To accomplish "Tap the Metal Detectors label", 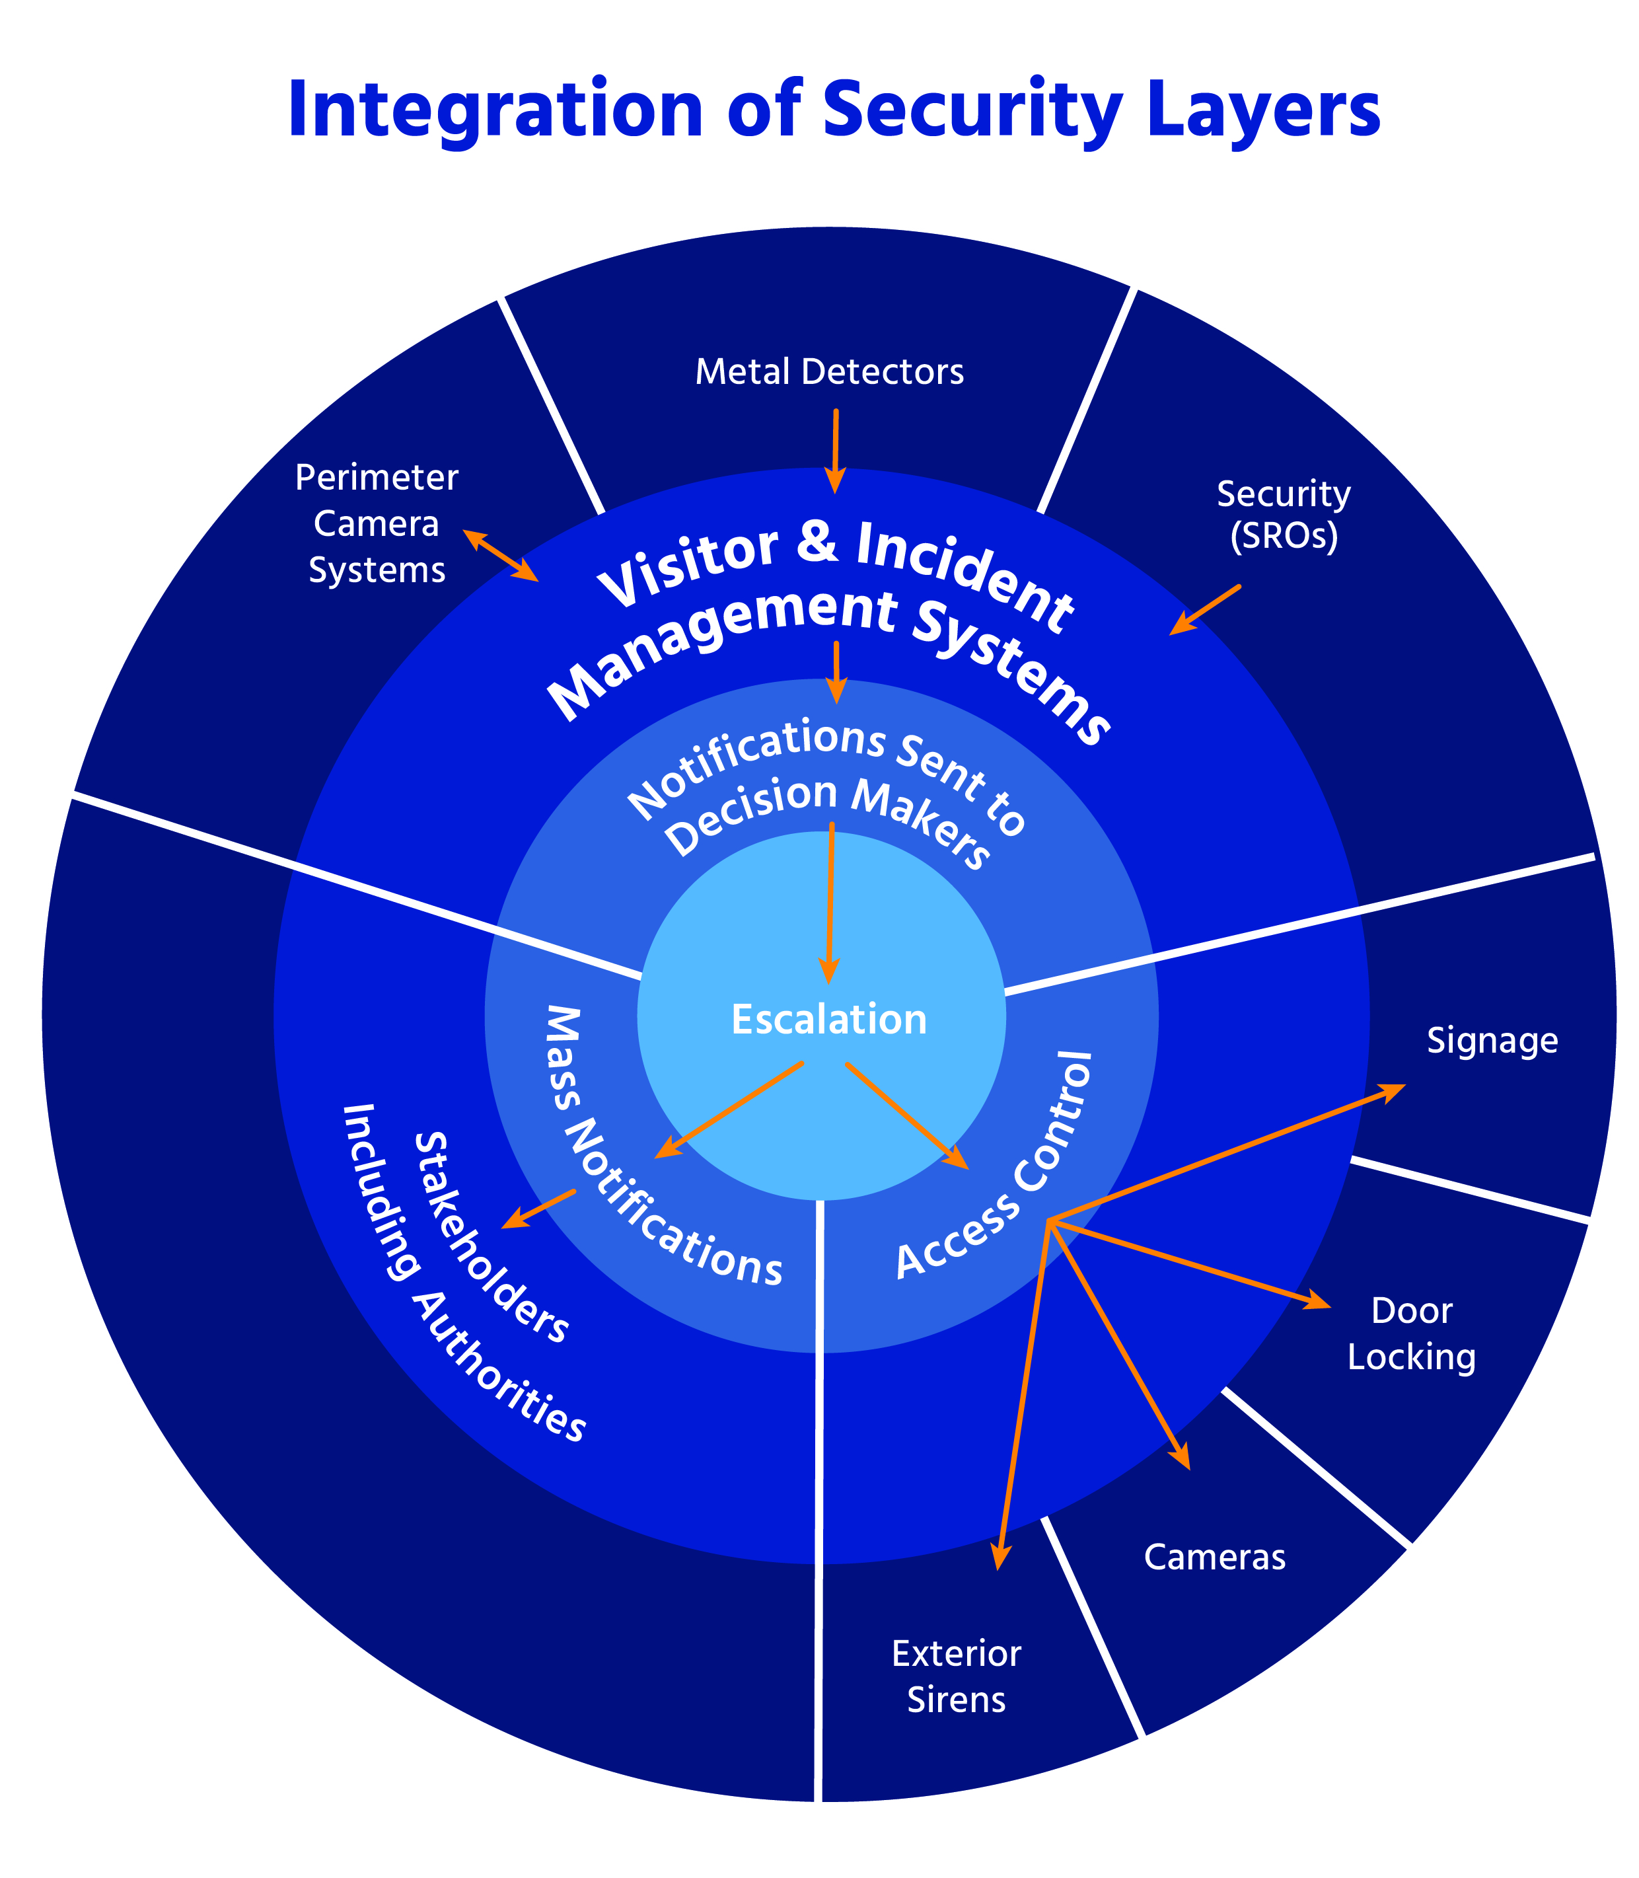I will [x=830, y=372].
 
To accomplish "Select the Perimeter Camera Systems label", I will [x=377, y=524].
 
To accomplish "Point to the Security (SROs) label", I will [x=1283, y=515].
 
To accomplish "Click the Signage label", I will [x=1492, y=1041].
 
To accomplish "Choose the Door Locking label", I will [x=1411, y=1333].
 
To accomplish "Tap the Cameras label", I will [x=1215, y=1557].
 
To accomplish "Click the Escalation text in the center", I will [x=828, y=1019].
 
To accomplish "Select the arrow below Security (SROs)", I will [x=1206, y=609].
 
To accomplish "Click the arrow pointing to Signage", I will [x=1225, y=1152].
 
